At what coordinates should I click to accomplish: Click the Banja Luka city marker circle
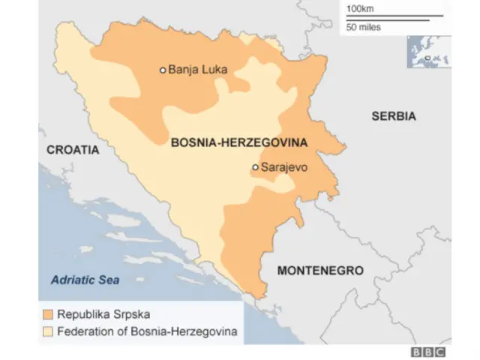pos(163,70)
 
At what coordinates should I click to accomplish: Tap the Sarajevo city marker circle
pos(255,167)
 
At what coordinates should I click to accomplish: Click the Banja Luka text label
pos(197,70)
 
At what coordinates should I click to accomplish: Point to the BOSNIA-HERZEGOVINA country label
pos(239,142)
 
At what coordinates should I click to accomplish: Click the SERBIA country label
pos(393,116)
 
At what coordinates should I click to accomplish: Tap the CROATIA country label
pos(73,150)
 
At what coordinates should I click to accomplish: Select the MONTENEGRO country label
pos(320,271)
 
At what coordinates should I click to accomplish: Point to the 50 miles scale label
pos(363,27)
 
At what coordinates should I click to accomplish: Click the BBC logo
pos(427,352)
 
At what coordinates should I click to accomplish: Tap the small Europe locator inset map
pos(428,52)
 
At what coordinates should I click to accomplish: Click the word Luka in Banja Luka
pos(214,70)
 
